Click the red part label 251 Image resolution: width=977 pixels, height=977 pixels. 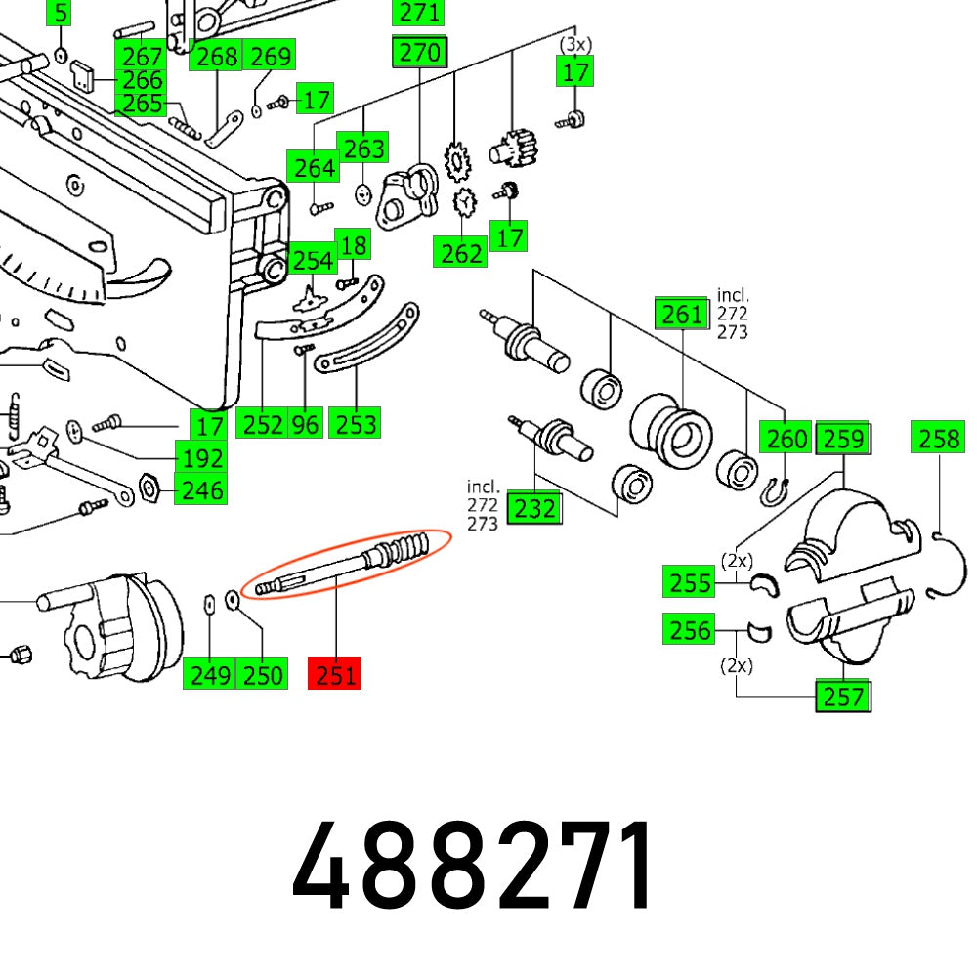tap(333, 674)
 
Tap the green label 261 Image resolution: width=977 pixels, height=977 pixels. tap(681, 315)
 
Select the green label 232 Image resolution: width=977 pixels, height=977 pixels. tap(534, 508)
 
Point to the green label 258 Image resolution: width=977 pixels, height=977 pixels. tap(940, 439)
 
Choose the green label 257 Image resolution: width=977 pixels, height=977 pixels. tap(843, 696)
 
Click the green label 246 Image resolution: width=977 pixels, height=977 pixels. tap(200, 488)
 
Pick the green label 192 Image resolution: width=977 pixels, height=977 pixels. tap(200, 457)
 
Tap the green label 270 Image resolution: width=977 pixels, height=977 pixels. tap(420, 52)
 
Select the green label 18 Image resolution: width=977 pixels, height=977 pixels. tap(353, 245)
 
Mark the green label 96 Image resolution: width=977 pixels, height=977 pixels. tap(305, 424)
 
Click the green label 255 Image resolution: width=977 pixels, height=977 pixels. tap(689, 582)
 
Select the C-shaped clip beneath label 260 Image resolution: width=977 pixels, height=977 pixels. tap(773, 492)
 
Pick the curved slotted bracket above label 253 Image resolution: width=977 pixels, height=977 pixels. tap(369, 343)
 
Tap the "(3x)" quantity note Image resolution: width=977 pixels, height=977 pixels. tap(575, 45)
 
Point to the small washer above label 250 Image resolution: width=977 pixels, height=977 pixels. tap(233, 600)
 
